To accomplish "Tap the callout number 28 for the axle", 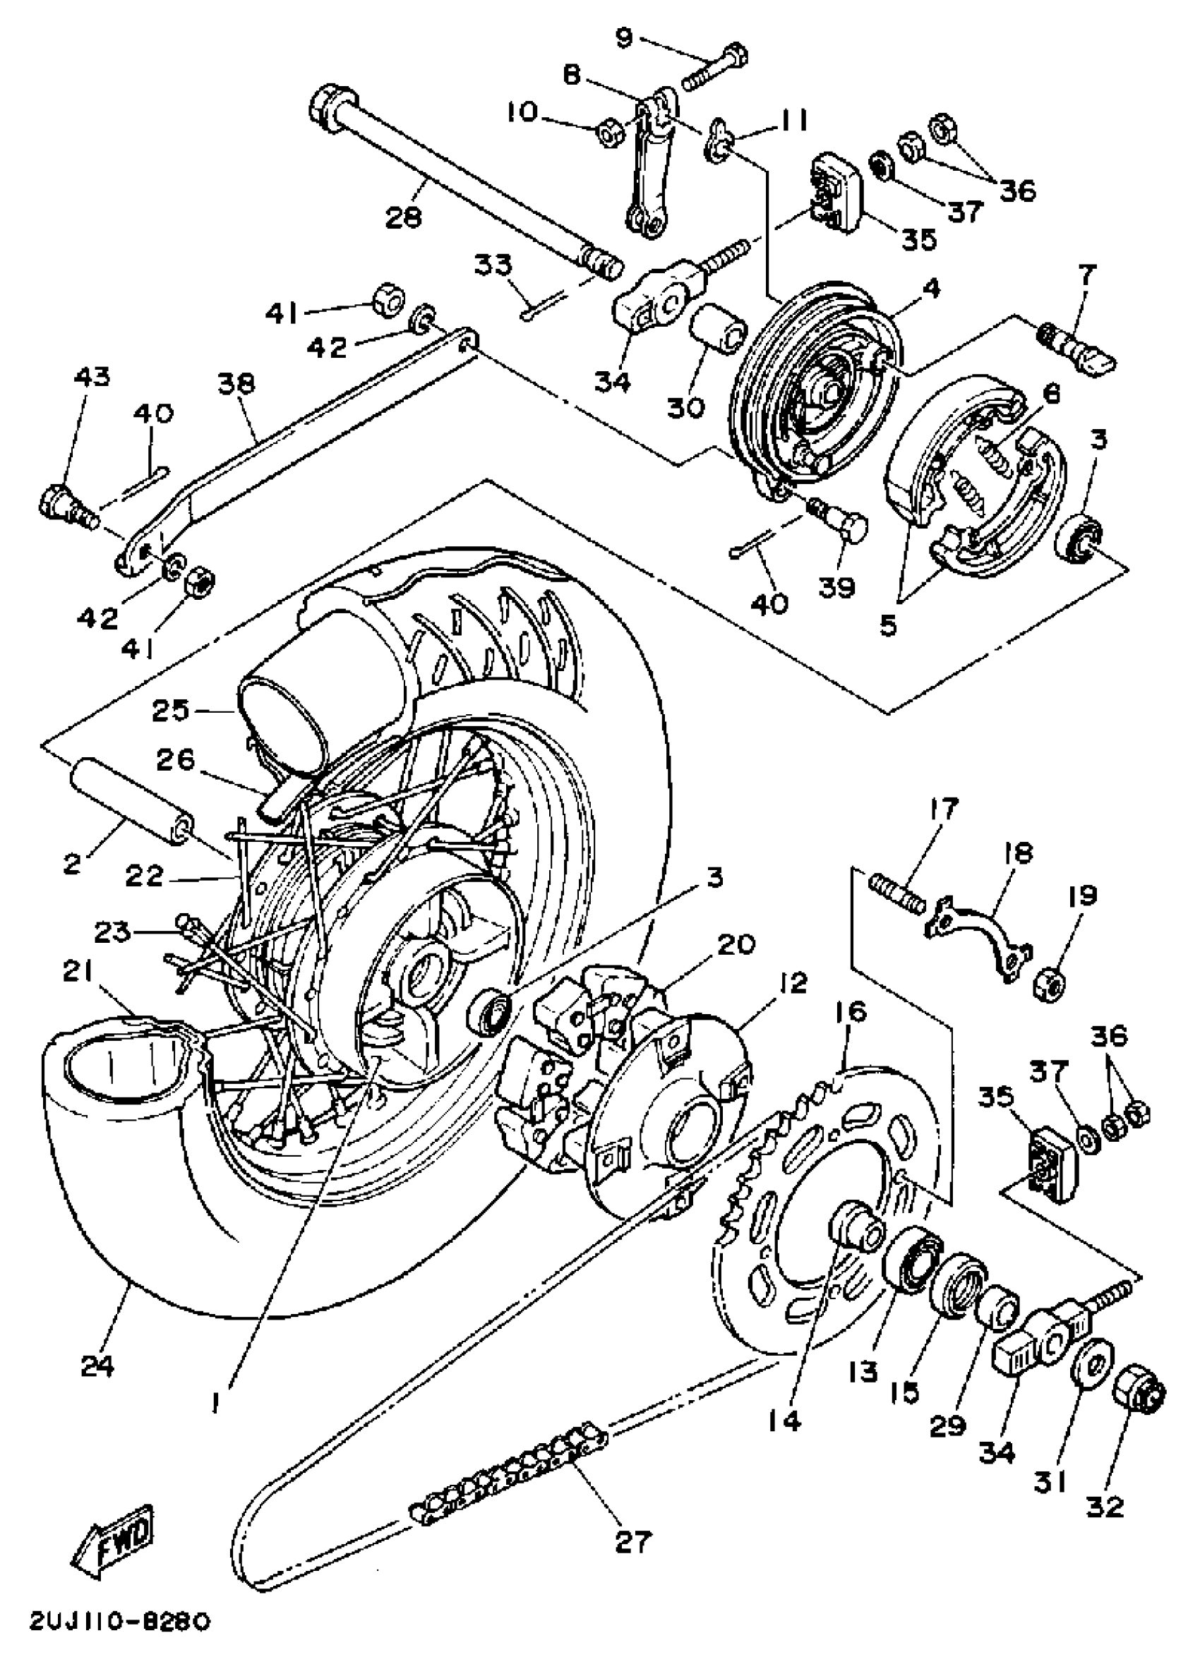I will (x=402, y=217).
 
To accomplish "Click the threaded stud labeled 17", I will (x=896, y=893).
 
